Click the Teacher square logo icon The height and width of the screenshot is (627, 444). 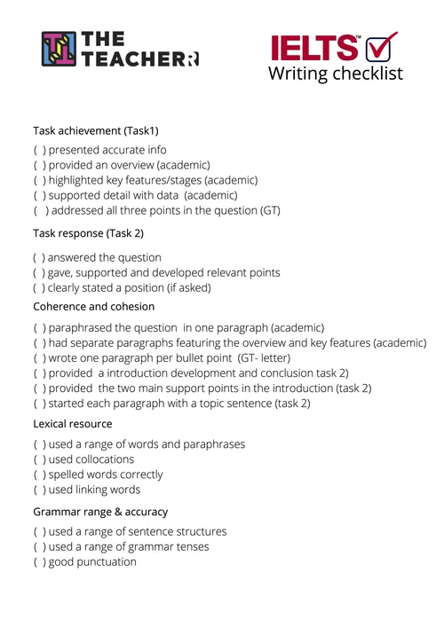[x=59, y=49]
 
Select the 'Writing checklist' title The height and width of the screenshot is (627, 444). [x=335, y=74]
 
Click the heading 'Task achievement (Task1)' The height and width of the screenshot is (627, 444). [x=96, y=130]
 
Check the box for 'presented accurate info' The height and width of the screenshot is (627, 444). [x=39, y=150]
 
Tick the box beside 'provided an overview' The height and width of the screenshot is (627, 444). [x=39, y=165]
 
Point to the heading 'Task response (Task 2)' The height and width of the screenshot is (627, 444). [x=88, y=233]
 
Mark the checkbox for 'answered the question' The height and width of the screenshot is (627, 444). [x=39, y=257]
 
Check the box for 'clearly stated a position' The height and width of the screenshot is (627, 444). [x=39, y=287]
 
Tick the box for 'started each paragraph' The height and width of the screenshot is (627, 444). [x=39, y=403]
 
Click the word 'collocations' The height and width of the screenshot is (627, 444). [x=104, y=459]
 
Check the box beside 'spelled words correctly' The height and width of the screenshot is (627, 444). [x=39, y=474]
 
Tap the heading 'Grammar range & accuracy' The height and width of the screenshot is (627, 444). [x=100, y=512]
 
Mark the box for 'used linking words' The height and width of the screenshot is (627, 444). [x=39, y=490]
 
